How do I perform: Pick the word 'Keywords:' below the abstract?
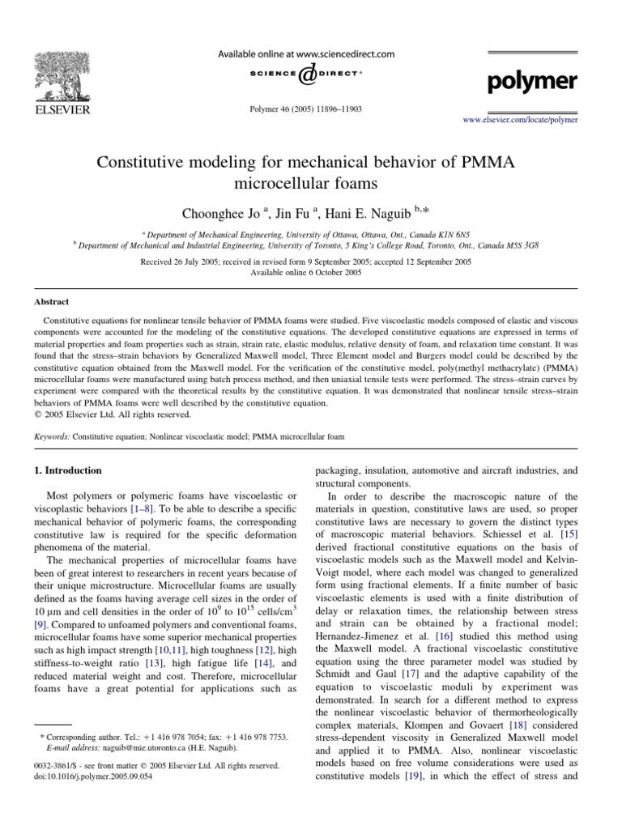(x=50, y=436)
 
